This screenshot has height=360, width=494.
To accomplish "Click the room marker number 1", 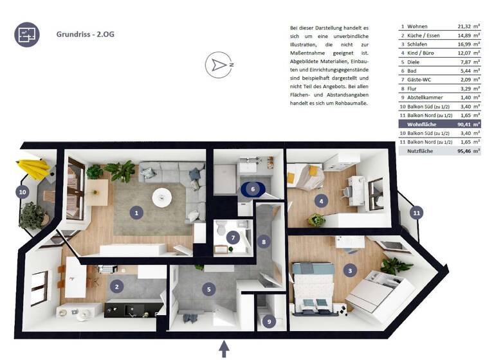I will pyautogui.click(x=136, y=211).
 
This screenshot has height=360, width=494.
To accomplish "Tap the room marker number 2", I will pyautogui.click(x=116, y=286).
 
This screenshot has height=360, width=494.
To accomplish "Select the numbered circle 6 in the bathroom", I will pyautogui.click(x=253, y=189).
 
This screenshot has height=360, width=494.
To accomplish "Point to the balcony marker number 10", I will pyautogui.click(x=23, y=192).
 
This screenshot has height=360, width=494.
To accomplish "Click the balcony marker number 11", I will pyautogui.click(x=416, y=212).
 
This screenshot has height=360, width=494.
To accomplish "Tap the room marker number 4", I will pyautogui.click(x=320, y=201).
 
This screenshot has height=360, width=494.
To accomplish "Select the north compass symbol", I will pyautogui.click(x=219, y=65).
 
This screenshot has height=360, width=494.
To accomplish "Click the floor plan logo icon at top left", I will pyautogui.click(x=26, y=34).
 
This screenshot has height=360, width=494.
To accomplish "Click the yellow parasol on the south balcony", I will pyautogui.click(x=35, y=168).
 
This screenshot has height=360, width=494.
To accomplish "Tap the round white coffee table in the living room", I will pyautogui.click(x=162, y=195).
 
